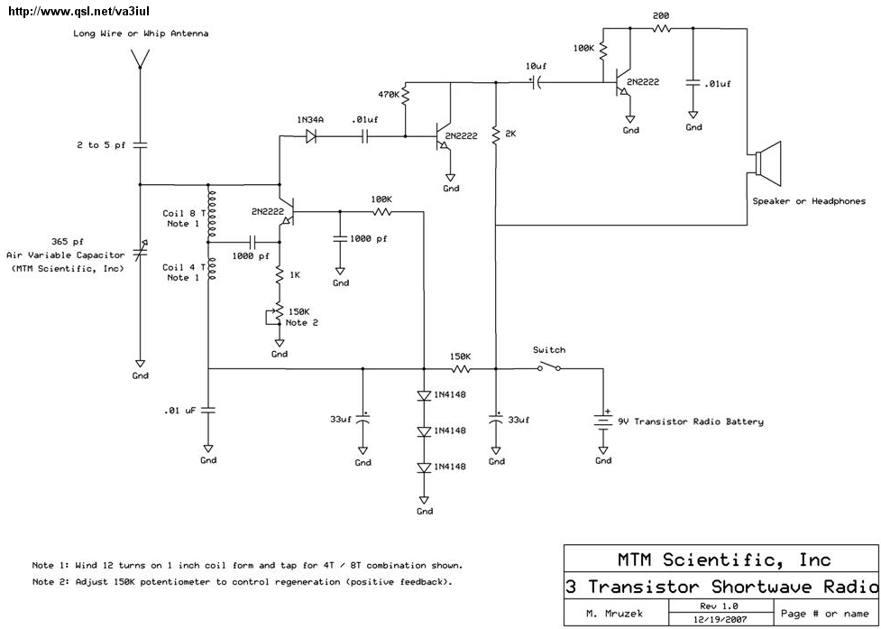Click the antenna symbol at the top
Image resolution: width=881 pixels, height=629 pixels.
pos(141,58)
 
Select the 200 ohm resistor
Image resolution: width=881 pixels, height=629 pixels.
pos(661,29)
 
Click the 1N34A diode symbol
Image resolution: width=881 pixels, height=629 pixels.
pos(312,137)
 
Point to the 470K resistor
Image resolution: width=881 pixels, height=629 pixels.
pos(406,94)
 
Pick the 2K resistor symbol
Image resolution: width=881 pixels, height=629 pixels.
pos(496,136)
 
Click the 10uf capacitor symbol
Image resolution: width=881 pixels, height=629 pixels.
pos(536,83)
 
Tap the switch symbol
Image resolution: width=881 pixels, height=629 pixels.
pos(548,367)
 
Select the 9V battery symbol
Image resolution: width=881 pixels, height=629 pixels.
pos(603,422)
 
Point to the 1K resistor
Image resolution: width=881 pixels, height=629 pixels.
pos(280,274)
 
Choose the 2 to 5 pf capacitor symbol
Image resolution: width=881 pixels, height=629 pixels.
pos(141,144)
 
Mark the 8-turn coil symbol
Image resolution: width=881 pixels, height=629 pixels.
pos(211,214)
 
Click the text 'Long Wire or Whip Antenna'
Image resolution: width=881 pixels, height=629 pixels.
pos(141,33)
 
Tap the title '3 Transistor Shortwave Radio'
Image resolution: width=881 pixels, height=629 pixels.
pos(720,587)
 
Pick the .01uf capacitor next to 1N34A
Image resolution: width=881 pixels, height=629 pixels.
pos(365,137)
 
